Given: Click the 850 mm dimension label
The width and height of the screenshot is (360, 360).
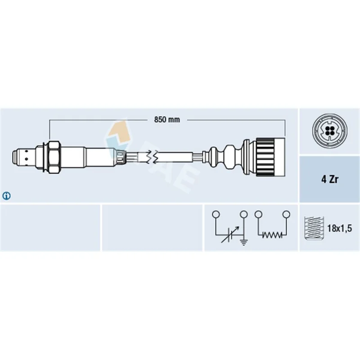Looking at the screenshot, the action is pyautogui.click(x=167, y=120).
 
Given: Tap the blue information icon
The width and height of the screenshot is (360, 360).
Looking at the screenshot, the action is pyautogui.click(x=6, y=196).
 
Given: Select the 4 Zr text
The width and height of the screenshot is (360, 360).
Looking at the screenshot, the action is pyautogui.click(x=330, y=179).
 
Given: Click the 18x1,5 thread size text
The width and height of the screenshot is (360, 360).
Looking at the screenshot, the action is pyautogui.click(x=340, y=229).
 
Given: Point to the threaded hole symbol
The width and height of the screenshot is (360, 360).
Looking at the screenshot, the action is pyautogui.click(x=314, y=228).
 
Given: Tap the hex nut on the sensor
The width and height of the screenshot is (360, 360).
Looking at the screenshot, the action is pyautogui.click(x=54, y=157).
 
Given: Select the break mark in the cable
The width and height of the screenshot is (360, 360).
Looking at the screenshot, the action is pyautogui.click(x=152, y=157).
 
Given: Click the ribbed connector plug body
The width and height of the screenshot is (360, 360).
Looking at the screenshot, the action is pyautogui.click(x=271, y=157).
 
